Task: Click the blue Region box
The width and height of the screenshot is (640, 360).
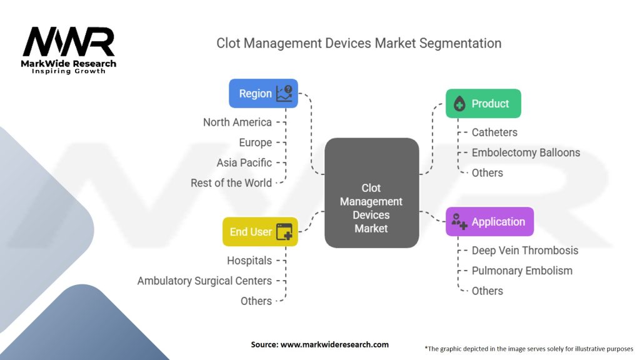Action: tap(263, 94)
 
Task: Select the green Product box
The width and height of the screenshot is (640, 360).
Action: tap(482, 104)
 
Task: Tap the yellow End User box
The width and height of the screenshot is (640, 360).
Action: tap(260, 231)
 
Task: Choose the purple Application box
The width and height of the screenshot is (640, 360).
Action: tap(489, 222)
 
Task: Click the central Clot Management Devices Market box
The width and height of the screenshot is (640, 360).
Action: tap(371, 192)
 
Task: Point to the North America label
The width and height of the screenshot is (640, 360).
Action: tap(237, 122)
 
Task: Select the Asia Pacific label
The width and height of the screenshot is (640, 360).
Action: tap(244, 162)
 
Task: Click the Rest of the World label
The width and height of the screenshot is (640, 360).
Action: tap(231, 182)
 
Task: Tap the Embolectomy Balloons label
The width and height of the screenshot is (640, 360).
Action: tap(526, 152)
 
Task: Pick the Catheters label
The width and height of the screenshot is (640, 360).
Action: tap(494, 132)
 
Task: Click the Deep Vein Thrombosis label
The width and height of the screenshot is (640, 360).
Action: tap(525, 250)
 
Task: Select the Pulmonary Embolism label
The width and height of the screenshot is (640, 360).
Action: tap(522, 271)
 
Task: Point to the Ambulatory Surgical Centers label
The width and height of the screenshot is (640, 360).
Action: tap(204, 281)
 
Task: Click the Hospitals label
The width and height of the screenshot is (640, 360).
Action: tap(249, 260)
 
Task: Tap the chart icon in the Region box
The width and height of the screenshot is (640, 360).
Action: tap(284, 94)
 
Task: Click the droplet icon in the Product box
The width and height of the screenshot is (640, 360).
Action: tap(459, 104)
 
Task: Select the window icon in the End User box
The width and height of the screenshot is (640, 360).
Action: tap(284, 232)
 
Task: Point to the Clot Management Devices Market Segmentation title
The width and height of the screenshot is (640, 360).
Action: tap(359, 43)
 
